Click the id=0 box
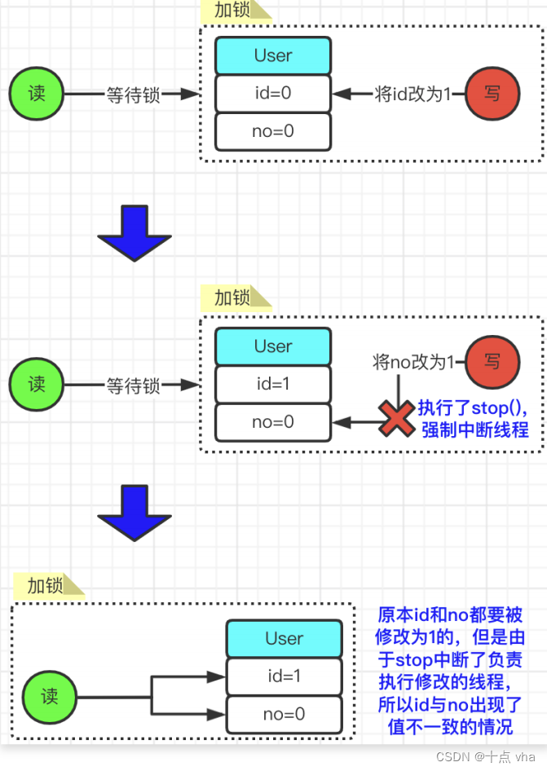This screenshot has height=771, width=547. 273,94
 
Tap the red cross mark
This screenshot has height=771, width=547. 396,418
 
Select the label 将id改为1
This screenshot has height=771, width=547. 412,94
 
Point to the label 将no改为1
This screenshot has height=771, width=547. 413,362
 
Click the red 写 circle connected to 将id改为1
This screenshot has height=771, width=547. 492,94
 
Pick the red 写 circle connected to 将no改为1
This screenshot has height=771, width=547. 492,362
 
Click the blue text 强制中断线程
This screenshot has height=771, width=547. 474,430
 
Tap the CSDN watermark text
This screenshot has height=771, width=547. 486,757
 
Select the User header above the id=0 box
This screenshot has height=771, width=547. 273,55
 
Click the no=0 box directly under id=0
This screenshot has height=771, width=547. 273,131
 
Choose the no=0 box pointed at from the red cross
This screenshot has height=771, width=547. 273,422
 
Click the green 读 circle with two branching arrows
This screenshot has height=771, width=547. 49,697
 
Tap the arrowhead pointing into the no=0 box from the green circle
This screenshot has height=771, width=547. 217,714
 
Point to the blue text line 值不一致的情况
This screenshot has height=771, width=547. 450,726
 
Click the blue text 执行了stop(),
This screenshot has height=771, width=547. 473,408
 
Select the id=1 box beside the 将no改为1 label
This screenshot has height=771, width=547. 273,384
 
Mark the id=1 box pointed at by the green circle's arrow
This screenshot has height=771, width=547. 285,676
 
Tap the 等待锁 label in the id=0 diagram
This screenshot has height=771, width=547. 134,95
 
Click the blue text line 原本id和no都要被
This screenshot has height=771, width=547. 450,615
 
